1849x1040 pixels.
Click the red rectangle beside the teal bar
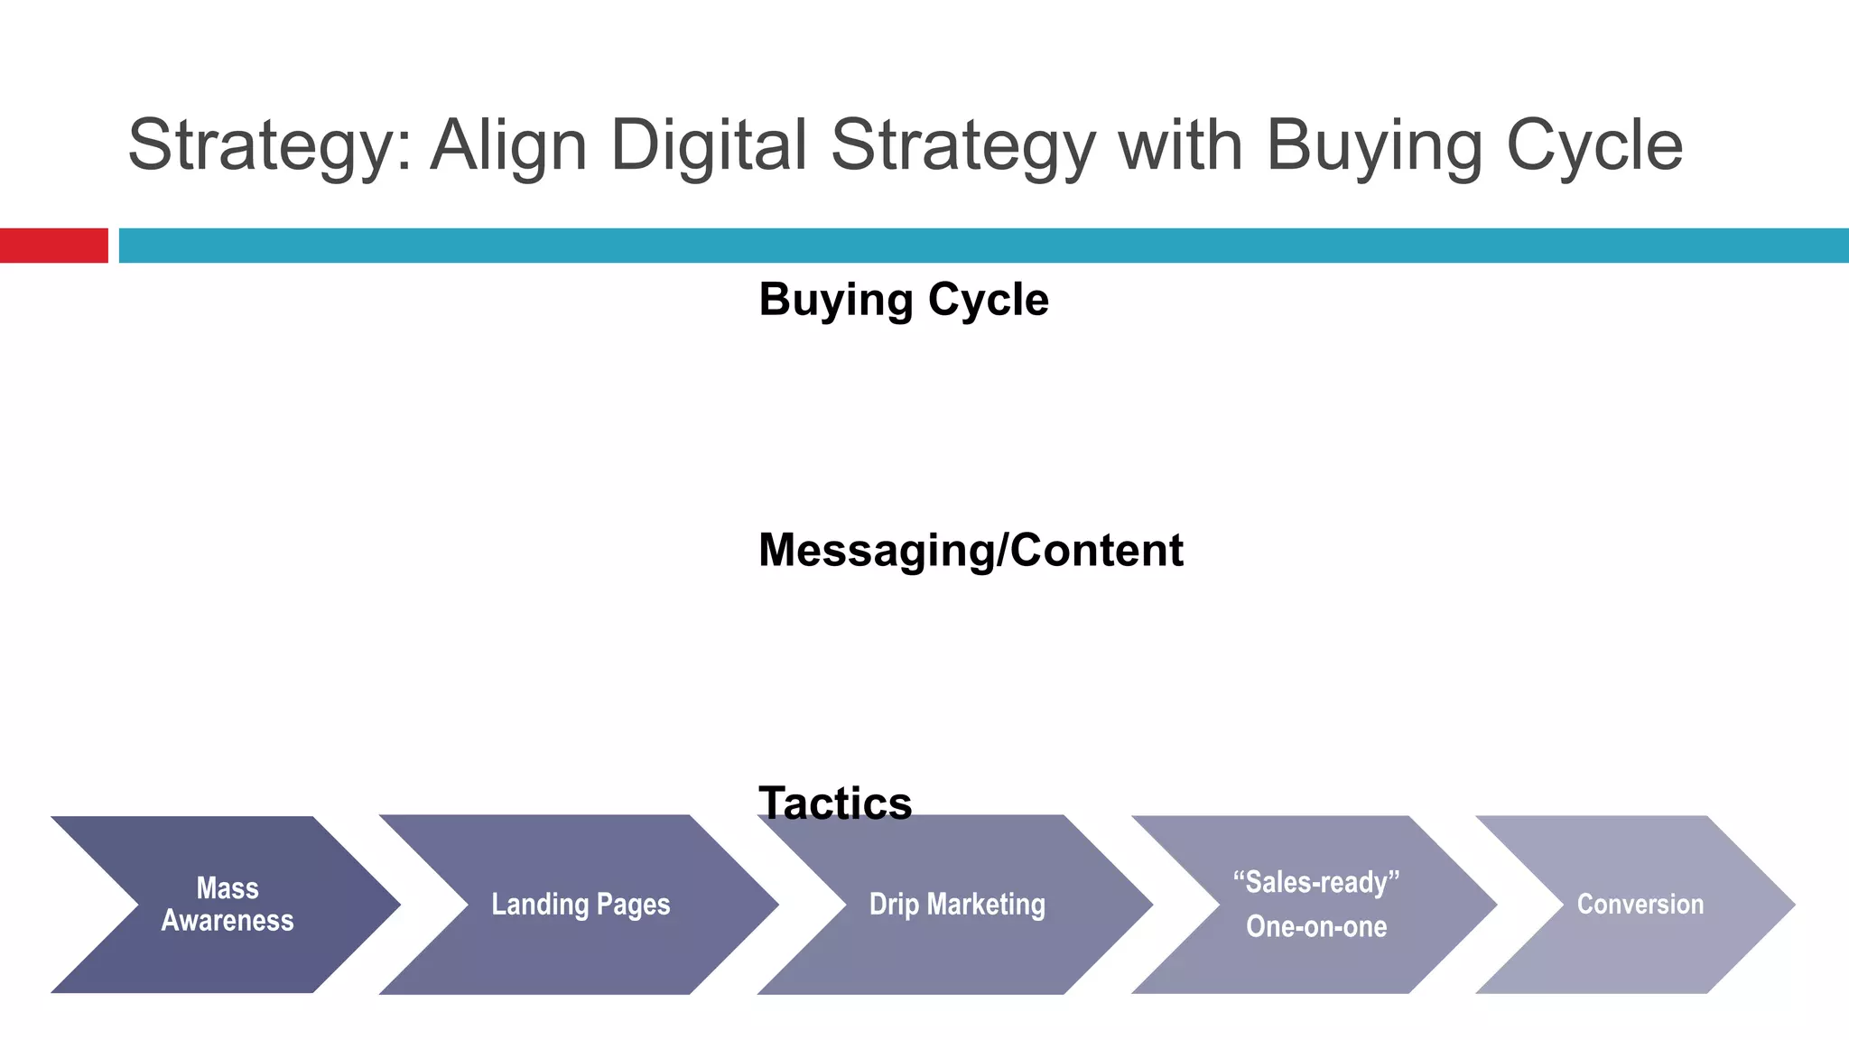[53, 246]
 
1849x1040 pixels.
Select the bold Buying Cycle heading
[903, 300]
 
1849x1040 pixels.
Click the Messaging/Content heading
[971, 551]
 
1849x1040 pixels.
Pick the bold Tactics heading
[835, 802]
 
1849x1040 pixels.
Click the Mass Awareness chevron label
[228, 905]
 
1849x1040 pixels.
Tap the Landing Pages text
[581, 905]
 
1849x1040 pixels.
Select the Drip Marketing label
[957, 905]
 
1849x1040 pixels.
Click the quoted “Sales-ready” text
[1316, 882]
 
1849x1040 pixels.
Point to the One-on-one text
[1316, 927]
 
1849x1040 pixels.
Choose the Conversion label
[1640, 905]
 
